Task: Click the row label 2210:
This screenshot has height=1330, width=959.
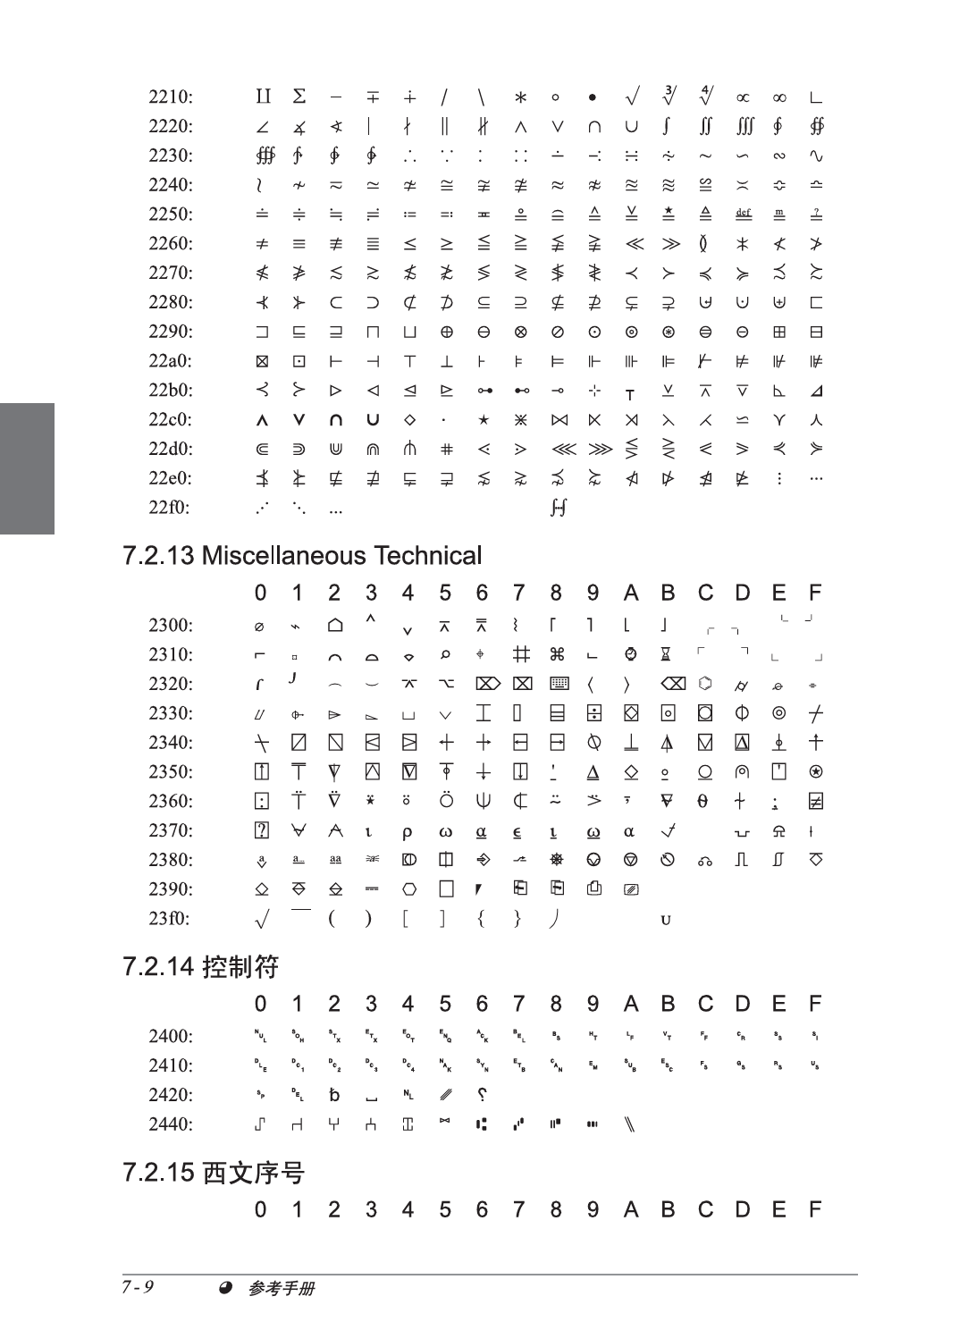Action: (x=170, y=97)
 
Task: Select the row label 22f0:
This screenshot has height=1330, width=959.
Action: (x=169, y=508)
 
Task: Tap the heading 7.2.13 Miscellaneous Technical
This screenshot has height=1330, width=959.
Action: (x=302, y=556)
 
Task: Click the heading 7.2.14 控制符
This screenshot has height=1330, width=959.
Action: (x=200, y=967)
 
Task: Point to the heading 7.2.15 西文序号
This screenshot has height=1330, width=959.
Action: (x=214, y=1173)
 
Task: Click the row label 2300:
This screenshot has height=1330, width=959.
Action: (x=170, y=625)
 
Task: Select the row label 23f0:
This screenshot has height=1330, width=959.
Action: (x=169, y=918)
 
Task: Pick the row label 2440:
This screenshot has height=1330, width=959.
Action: (x=170, y=1124)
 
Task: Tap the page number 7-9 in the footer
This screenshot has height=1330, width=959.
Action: (x=138, y=1287)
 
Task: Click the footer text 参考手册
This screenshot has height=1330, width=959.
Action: (x=282, y=1288)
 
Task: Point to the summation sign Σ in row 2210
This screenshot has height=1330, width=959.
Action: (x=299, y=97)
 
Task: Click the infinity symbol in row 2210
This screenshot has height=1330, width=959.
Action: (x=779, y=97)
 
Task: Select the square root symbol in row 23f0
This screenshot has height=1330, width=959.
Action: (x=261, y=918)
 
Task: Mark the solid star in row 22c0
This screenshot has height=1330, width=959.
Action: (x=483, y=419)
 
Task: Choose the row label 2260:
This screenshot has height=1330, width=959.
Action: (x=170, y=243)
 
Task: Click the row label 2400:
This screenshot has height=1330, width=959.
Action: (x=170, y=1036)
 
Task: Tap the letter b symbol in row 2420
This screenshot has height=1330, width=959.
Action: (x=334, y=1095)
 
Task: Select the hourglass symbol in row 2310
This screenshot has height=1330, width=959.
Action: (x=667, y=654)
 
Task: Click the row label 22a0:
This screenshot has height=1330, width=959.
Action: (x=170, y=361)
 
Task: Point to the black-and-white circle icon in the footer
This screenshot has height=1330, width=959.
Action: (x=226, y=1288)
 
